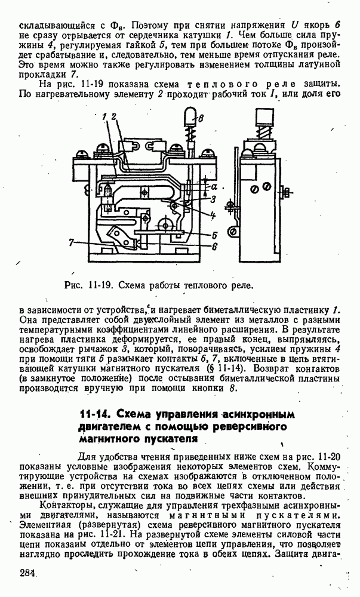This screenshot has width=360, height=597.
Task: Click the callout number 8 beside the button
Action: (x=200, y=119)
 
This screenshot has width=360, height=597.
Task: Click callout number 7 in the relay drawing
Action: (x=71, y=242)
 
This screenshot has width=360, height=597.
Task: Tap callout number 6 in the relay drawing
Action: (x=214, y=245)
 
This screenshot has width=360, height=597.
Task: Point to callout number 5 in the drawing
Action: (x=214, y=235)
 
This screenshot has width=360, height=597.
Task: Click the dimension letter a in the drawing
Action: (x=214, y=186)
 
